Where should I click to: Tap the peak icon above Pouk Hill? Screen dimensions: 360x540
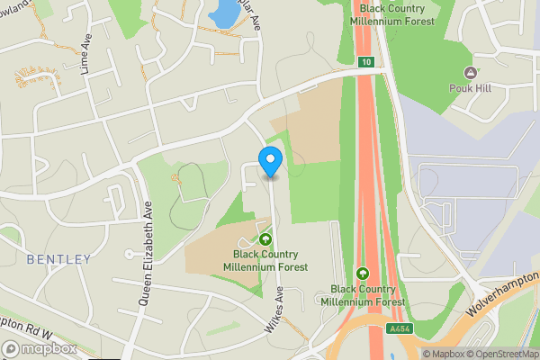[469, 72]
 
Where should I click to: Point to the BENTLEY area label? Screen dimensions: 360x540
[58, 259]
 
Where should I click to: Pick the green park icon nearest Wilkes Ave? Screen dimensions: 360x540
[265, 239]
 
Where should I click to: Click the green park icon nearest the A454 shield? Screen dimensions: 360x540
[362, 274]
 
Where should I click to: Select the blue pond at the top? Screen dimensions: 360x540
[220, 13]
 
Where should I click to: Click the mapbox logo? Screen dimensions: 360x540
[40, 348]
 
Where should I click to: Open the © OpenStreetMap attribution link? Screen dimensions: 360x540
[499, 354]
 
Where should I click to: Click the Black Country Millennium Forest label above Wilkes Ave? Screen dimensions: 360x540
[265, 261]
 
